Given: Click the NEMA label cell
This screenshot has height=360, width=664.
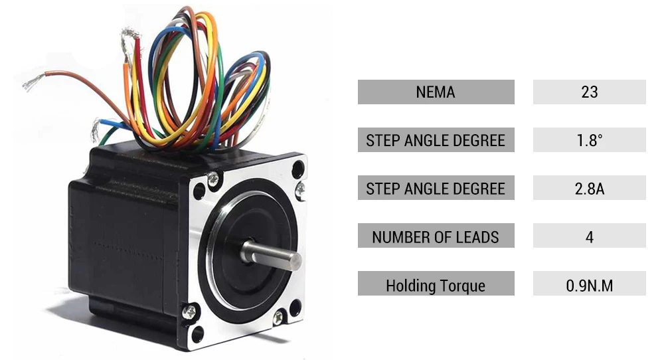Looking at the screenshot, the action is click(x=436, y=92).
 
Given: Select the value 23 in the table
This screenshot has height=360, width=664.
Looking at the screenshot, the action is click(x=590, y=92).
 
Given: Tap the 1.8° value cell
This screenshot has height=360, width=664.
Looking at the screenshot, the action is click(x=590, y=139).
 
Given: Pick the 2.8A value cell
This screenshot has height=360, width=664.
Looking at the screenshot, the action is click(x=590, y=187).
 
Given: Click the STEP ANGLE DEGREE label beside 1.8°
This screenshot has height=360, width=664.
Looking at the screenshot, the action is click(x=436, y=139).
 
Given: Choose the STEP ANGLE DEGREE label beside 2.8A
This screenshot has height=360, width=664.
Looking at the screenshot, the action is click(x=436, y=187).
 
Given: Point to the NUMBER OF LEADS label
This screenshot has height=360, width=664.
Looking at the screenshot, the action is click(x=436, y=236).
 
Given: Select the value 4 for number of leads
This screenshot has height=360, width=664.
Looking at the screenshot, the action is click(x=590, y=236).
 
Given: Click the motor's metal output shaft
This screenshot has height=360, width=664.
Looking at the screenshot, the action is click(x=271, y=255).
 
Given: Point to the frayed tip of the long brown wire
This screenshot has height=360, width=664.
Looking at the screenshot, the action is click(x=33, y=82).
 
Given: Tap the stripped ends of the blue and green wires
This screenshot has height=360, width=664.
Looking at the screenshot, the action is click(x=96, y=130).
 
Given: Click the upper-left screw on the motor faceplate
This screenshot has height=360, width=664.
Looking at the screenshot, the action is click(x=213, y=179).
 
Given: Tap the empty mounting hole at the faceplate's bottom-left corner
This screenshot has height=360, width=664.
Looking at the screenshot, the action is click(x=198, y=334).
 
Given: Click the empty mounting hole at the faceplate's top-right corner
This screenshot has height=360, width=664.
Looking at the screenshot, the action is click(x=297, y=169).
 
